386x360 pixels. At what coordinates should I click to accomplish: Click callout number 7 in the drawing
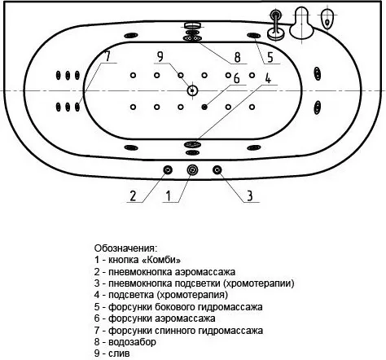point(107,56)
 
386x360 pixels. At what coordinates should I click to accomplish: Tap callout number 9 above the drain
point(160,57)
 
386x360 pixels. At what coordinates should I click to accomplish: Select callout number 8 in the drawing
point(237,57)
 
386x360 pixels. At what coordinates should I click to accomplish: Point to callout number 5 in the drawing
point(270,57)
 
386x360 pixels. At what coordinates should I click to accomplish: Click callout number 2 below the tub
point(133,195)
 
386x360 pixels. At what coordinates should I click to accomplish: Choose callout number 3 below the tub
point(249,195)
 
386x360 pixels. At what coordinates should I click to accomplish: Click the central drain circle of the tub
point(192,90)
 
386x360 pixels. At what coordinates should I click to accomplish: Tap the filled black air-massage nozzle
point(204,107)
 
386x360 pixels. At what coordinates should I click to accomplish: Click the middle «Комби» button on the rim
point(192,170)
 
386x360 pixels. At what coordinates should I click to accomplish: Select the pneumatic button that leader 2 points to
point(168,170)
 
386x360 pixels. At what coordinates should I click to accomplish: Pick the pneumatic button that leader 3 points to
point(217,170)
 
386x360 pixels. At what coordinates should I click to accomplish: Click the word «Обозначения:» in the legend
point(125,248)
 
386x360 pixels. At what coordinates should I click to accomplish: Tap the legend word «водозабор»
point(132,342)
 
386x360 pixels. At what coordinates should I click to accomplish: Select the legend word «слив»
point(119,353)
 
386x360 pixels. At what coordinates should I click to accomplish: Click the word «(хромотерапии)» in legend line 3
point(259,283)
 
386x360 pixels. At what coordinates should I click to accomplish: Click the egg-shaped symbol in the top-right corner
point(327,19)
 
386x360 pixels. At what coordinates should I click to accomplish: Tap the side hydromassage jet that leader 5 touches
point(254,36)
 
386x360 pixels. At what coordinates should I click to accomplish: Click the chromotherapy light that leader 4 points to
point(192,144)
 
